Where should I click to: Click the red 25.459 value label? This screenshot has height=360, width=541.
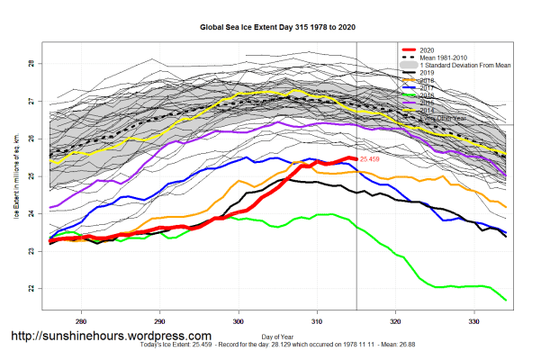click(371, 159)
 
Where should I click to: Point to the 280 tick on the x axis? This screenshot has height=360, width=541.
click(82, 320)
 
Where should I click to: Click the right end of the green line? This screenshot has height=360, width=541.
click(505, 300)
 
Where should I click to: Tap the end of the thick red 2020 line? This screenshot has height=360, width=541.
click(356, 159)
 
